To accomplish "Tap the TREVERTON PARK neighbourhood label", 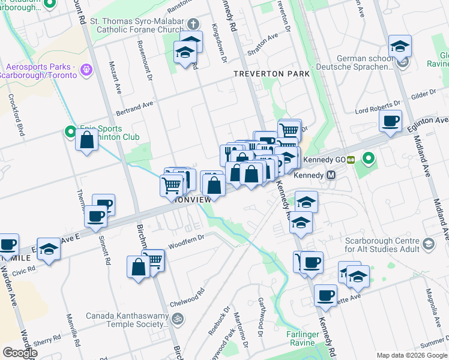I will (x=271, y=74).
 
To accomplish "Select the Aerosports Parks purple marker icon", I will (x=88, y=70).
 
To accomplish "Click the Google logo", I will (x=20, y=353).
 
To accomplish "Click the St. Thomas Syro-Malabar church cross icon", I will (x=192, y=25).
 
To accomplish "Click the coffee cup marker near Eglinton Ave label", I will (x=390, y=122).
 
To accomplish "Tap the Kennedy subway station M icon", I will (x=330, y=176).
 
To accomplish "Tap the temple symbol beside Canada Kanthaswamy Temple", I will (x=177, y=318).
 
